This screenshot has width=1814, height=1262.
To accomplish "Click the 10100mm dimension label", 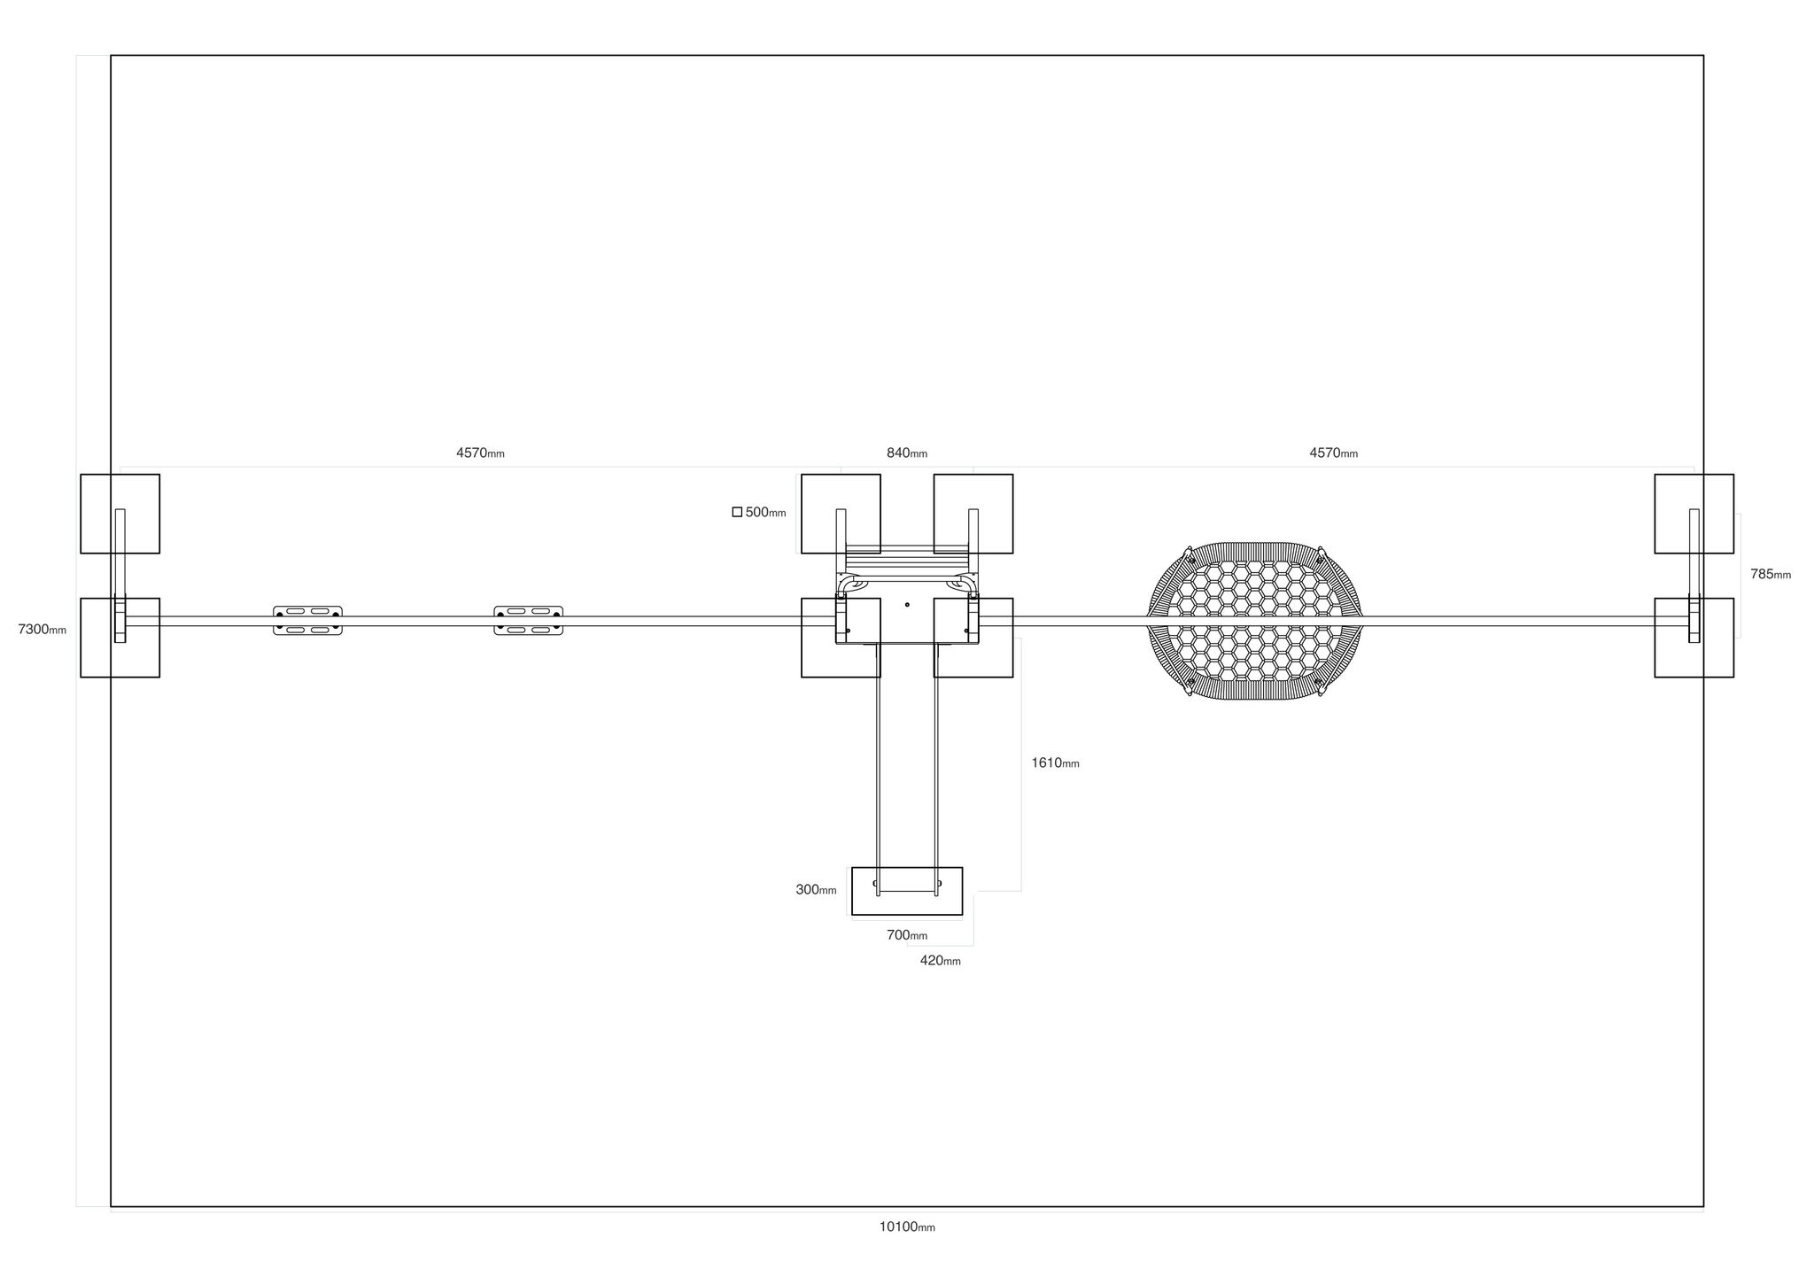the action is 907,1227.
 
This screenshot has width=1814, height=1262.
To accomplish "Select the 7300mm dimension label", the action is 42,630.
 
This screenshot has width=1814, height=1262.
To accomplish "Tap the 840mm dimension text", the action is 907,453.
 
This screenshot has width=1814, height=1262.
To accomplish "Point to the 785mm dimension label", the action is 1771,574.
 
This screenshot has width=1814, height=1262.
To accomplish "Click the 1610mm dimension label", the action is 1055,763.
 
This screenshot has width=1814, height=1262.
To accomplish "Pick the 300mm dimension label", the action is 816,890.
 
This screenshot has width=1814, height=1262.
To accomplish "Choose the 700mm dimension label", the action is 907,935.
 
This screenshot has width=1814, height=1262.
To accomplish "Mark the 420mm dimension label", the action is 940,961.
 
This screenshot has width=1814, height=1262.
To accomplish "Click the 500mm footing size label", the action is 765,512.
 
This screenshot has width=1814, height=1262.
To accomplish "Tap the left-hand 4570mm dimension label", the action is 480,453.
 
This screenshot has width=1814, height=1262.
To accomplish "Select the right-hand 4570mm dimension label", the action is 1333,453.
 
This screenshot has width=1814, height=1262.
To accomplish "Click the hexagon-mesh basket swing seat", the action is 1254,621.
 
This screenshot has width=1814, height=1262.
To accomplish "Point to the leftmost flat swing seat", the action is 307,621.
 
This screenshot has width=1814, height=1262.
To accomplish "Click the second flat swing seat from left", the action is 528,621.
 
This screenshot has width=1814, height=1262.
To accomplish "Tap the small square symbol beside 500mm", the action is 737,512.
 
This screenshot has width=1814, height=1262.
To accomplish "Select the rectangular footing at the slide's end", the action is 907,891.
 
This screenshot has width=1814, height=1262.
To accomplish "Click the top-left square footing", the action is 120,514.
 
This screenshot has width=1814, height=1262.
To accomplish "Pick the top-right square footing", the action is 1694,514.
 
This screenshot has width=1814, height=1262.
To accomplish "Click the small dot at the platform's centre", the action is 907,605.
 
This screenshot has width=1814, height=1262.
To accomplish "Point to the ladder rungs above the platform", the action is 907,561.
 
